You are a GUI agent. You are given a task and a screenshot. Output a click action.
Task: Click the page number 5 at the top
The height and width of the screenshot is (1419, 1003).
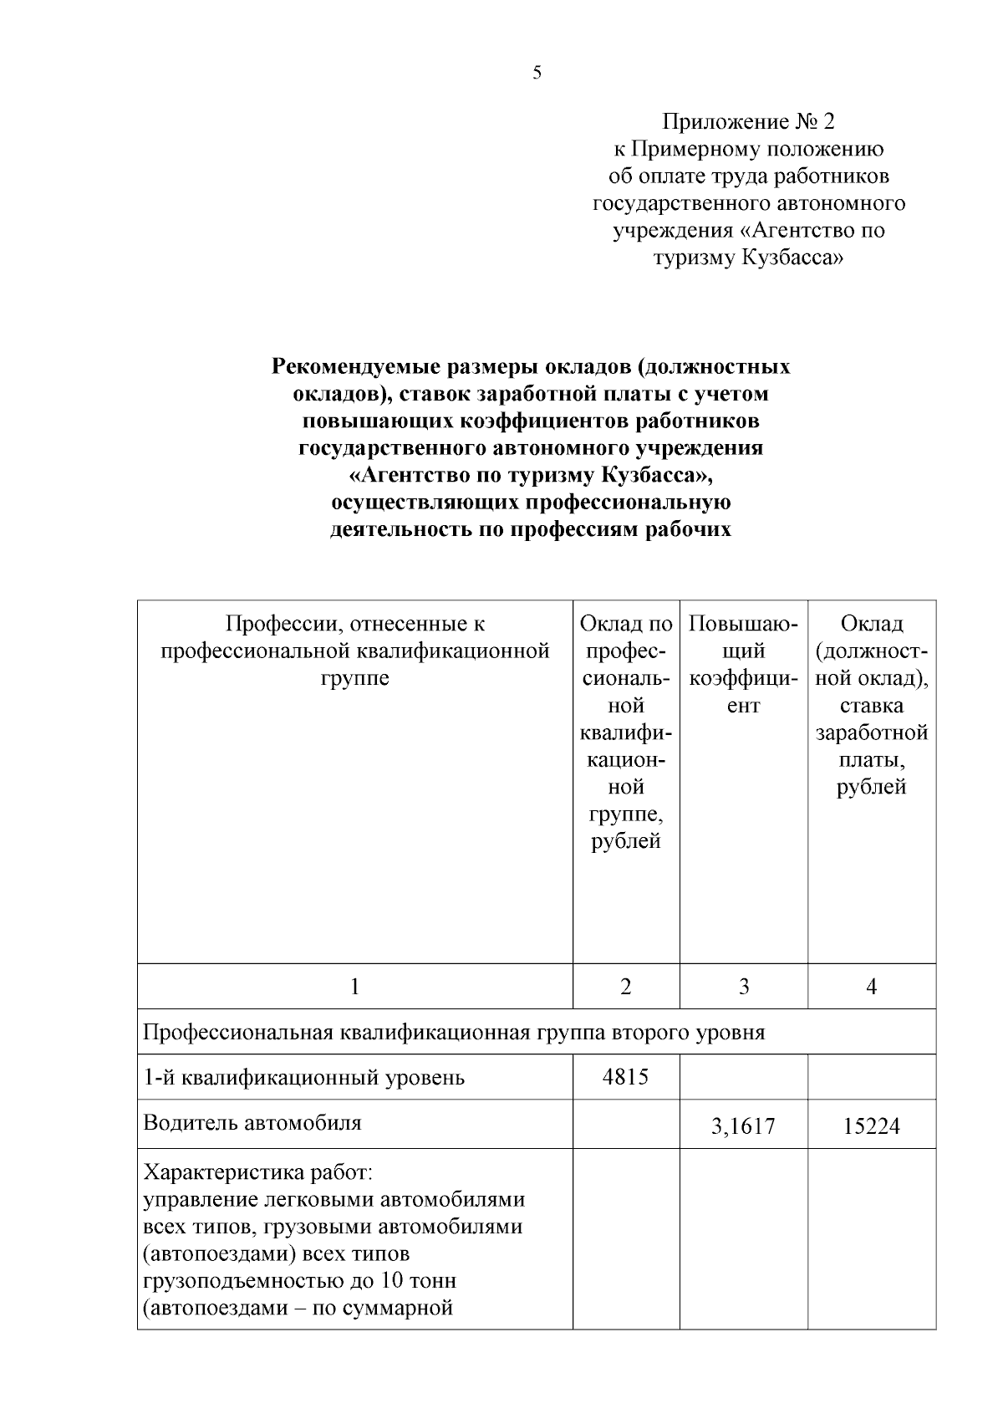point(537,73)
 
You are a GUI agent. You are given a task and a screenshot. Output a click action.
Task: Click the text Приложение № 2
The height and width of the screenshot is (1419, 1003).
point(748,122)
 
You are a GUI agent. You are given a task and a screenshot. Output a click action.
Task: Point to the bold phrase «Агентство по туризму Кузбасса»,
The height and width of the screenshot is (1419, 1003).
point(532,475)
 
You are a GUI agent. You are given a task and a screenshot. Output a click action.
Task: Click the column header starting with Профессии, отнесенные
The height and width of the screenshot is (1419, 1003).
point(354,651)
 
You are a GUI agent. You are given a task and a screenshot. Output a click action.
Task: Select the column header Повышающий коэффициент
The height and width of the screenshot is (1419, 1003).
point(743,664)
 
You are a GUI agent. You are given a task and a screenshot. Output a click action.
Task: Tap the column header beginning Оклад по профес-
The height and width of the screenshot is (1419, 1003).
point(626,732)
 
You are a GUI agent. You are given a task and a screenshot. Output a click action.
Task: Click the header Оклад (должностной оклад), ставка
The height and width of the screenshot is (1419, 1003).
point(871,705)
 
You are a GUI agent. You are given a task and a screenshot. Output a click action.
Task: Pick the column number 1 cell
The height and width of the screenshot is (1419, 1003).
point(354,987)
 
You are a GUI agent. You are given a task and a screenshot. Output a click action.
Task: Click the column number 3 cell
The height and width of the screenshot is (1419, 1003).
point(743,987)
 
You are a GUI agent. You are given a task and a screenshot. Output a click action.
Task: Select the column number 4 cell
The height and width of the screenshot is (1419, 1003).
point(871,987)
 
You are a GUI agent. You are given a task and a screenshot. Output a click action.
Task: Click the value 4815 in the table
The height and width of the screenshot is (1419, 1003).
point(625,1077)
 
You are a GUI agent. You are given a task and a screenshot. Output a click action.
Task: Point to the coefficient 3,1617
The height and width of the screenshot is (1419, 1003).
point(743,1126)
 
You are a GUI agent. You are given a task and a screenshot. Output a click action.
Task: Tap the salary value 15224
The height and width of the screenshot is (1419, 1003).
point(871,1126)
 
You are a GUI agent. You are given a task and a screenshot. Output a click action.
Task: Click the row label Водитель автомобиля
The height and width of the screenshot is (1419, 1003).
point(252,1122)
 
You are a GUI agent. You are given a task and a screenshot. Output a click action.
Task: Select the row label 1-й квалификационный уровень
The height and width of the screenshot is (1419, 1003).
point(304,1077)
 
